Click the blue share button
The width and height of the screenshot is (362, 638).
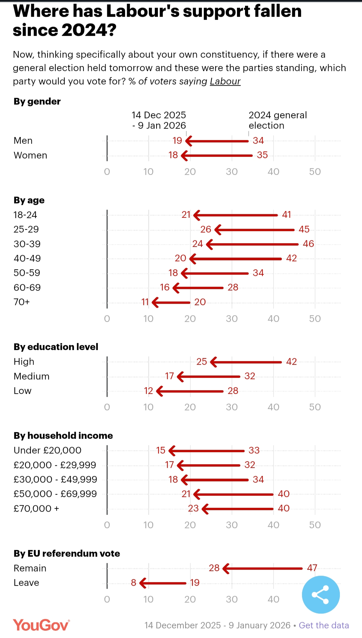pyautogui.click(x=321, y=594)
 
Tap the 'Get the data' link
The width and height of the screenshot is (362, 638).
pyautogui.click(x=324, y=625)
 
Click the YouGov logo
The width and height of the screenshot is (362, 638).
pyautogui.click(x=41, y=625)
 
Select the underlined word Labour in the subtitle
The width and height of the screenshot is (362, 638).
pyautogui.click(x=225, y=81)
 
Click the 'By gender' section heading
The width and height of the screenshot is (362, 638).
pyautogui.click(x=37, y=101)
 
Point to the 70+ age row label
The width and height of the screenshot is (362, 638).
pyautogui.click(x=22, y=302)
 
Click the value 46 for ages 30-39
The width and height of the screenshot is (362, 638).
pyautogui.click(x=308, y=244)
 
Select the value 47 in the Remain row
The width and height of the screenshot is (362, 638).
pyautogui.click(x=312, y=568)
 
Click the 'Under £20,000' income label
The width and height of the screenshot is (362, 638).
pyautogui.click(x=48, y=450)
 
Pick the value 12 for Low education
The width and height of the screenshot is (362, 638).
pyautogui.click(x=148, y=391)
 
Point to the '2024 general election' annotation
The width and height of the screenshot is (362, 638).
pyautogui.click(x=278, y=120)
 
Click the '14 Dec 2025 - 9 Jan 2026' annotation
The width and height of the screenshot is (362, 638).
pyautogui.click(x=159, y=120)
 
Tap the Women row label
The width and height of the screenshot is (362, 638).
pyautogui.click(x=31, y=155)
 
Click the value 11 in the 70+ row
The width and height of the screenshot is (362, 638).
pyautogui.click(x=145, y=302)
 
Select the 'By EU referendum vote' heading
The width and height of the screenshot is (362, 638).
pyautogui.click(x=67, y=554)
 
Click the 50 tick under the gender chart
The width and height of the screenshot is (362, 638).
pyautogui.click(x=315, y=172)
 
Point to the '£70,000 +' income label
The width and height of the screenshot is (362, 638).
pyautogui.click(x=36, y=509)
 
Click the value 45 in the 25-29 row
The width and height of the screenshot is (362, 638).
pyautogui.click(x=304, y=229)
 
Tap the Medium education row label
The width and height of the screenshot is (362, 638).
pyautogui.click(x=32, y=376)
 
